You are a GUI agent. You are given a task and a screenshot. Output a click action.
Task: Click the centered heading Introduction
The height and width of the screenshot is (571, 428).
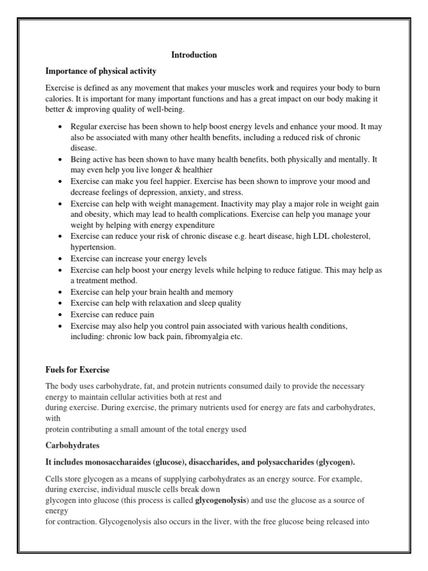click(194, 55)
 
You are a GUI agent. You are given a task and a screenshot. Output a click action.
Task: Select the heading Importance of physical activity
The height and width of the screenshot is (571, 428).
click(100, 71)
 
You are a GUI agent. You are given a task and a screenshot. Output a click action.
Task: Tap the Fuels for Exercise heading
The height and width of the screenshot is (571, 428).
click(77, 369)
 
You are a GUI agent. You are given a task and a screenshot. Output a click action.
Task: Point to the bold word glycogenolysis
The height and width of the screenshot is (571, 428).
click(221, 501)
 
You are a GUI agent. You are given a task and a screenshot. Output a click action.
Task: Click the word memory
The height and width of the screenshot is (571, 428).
click(220, 292)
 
